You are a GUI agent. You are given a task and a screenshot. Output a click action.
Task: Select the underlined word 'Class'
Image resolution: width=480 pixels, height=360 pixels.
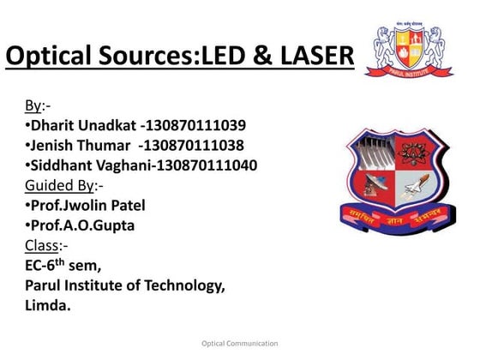coord(40,245)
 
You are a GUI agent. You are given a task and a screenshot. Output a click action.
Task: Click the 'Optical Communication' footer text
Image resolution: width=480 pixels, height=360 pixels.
coord(239,343)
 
